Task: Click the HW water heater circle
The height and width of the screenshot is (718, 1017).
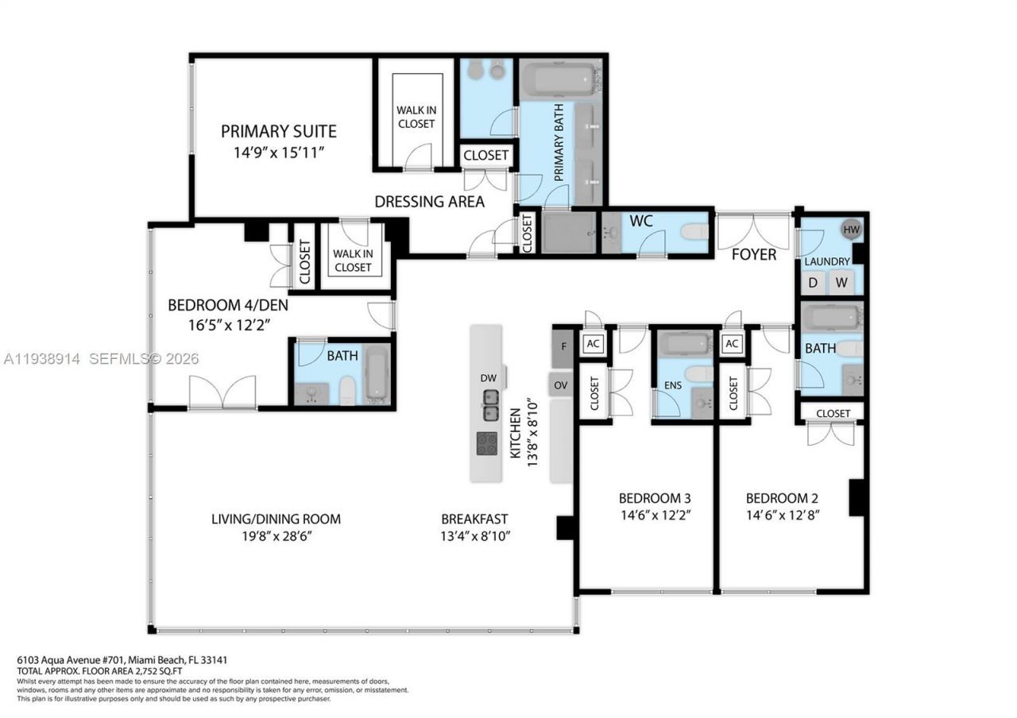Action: click(851, 230)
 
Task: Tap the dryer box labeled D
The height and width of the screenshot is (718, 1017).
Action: click(813, 282)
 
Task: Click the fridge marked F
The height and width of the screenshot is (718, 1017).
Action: click(563, 346)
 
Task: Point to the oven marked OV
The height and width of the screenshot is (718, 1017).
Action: click(561, 384)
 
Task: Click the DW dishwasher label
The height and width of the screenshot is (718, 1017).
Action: click(488, 378)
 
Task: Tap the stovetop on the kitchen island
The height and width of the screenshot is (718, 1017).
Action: click(487, 443)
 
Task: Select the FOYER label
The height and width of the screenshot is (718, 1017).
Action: click(753, 254)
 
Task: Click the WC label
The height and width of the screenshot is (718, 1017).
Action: click(640, 221)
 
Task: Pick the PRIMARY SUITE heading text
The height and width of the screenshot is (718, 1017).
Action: click(279, 132)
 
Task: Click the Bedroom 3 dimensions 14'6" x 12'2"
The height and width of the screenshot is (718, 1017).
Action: click(654, 515)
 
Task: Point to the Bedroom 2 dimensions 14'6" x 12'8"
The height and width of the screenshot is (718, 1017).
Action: click(782, 515)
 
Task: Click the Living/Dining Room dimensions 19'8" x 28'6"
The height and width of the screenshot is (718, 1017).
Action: click(276, 537)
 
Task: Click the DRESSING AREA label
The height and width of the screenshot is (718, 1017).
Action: click(429, 202)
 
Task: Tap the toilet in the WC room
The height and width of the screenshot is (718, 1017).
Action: click(694, 231)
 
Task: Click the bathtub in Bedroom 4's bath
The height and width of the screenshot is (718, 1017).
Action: click(377, 373)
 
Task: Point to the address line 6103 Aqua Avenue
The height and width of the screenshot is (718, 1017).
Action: click(123, 660)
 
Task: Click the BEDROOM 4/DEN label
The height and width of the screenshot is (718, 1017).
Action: click(227, 305)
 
